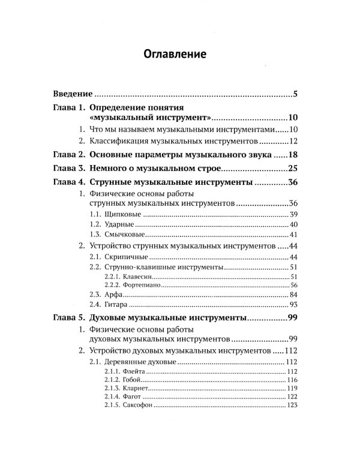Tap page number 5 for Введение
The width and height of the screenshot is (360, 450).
[296, 95]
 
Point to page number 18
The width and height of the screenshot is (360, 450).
[292, 154]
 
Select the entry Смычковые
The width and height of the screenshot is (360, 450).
[124, 235]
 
